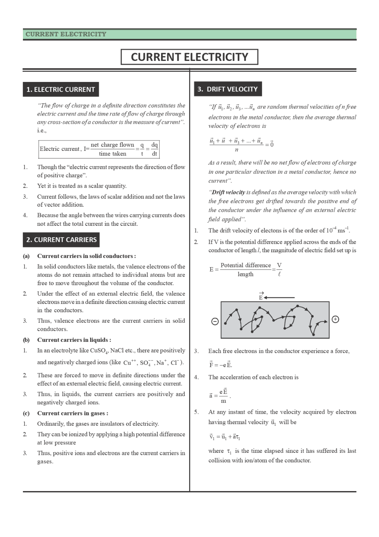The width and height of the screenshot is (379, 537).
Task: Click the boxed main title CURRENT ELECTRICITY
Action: (x=189, y=57)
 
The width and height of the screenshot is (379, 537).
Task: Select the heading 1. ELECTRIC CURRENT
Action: (x=60, y=90)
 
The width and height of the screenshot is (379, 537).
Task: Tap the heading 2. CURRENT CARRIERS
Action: (x=61, y=240)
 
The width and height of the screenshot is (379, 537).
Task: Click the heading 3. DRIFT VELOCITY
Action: (x=228, y=89)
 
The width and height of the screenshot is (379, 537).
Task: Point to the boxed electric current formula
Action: (x=99, y=149)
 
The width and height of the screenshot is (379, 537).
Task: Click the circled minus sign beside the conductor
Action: (x=215, y=322)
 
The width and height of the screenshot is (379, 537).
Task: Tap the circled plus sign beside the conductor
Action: (x=335, y=319)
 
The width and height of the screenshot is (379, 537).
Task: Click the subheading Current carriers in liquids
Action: (x=74, y=340)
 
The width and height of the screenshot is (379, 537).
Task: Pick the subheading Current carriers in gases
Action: (x=72, y=413)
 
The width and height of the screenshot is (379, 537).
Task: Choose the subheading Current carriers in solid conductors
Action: (x=86, y=256)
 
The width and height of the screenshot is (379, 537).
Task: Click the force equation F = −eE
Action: (x=220, y=365)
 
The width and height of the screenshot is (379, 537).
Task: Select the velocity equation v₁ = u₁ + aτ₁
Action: (x=224, y=437)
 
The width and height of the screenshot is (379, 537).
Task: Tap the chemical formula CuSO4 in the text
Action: (x=99, y=351)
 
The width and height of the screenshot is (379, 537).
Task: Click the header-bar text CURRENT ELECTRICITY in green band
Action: (x=66, y=34)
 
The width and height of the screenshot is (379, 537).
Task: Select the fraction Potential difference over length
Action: (x=245, y=269)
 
